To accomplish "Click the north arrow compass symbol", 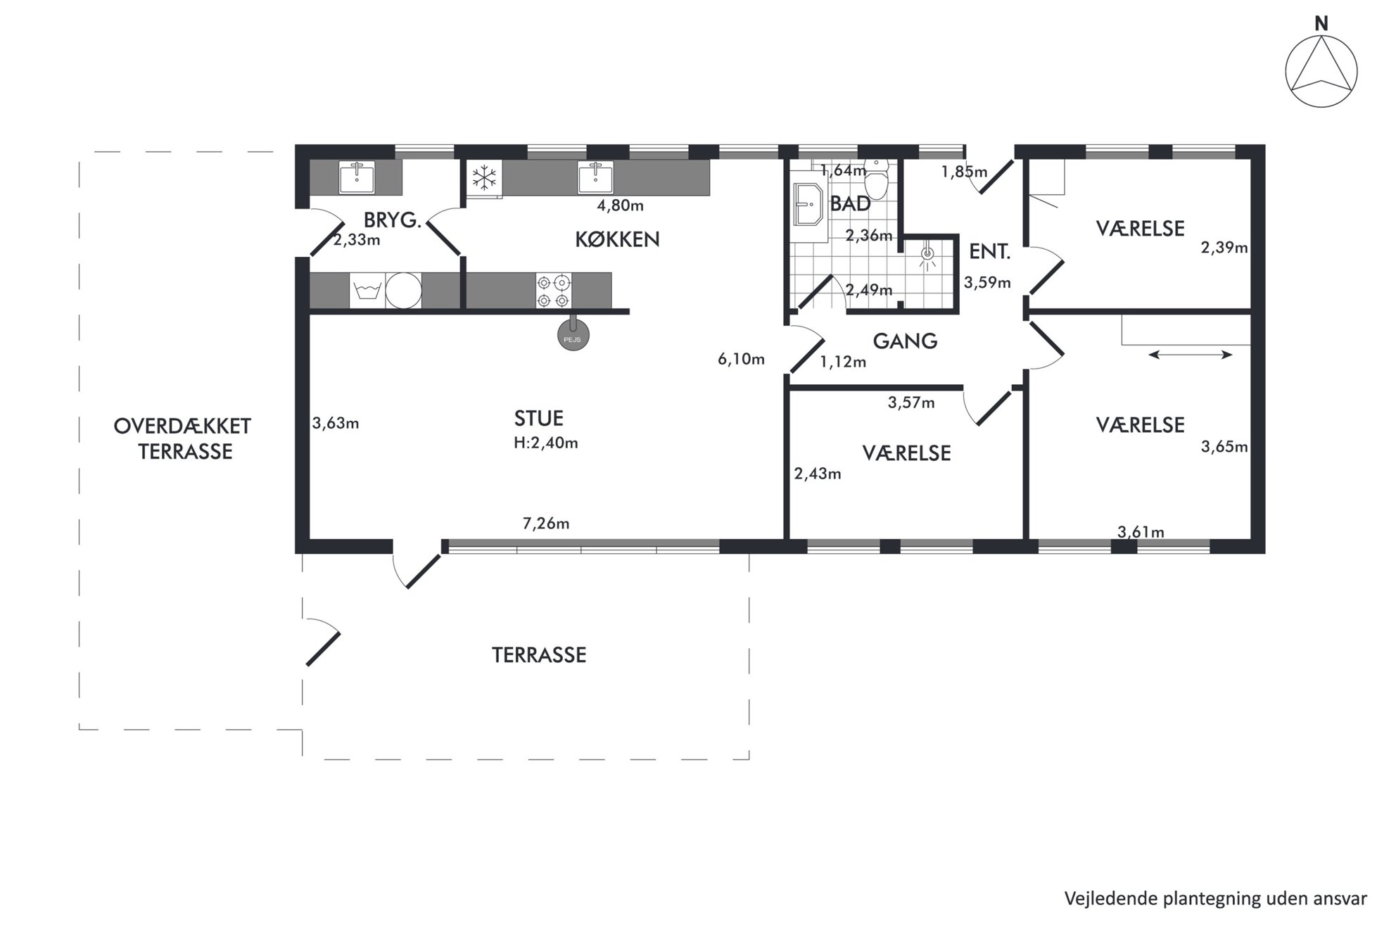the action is [x=1321, y=72].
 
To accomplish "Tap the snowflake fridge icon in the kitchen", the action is [x=484, y=178].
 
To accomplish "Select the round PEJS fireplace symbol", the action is [x=573, y=336].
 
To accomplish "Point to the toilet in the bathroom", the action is [x=877, y=179].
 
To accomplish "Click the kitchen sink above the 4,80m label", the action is [x=595, y=177].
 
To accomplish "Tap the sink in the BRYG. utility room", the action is [x=357, y=177].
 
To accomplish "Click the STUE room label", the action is [x=539, y=419].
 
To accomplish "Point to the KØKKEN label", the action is [x=618, y=240].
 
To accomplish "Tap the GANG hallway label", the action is [x=905, y=341].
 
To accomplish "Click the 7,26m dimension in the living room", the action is [x=546, y=524].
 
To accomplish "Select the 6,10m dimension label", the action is [x=741, y=360].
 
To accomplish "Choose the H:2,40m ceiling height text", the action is [x=546, y=443].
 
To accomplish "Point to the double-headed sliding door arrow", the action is [x=1191, y=355].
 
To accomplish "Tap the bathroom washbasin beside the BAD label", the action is [x=808, y=205].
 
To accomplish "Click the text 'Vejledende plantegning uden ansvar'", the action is [x=1215, y=899].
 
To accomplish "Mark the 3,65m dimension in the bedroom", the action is [x=1224, y=447].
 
